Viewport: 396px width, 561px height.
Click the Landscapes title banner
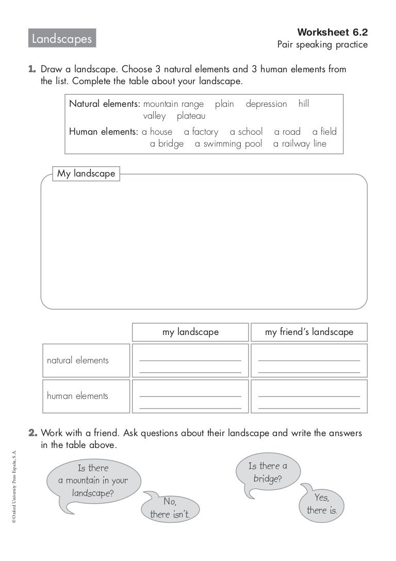point(62,39)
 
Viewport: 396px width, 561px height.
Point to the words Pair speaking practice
point(322,45)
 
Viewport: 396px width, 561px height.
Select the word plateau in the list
point(191,116)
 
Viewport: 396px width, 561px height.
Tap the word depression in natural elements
point(266,104)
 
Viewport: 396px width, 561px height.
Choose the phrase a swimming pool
point(228,144)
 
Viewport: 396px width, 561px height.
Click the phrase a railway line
point(300,144)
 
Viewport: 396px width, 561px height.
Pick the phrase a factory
point(201,132)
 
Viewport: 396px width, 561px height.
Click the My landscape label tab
point(86,174)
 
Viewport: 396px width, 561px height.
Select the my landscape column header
point(190,332)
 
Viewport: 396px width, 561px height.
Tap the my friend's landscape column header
point(309,332)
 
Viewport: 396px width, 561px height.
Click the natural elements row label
point(78,360)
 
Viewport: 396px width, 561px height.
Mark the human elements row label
point(77,396)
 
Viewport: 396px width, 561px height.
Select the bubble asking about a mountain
point(93,480)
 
